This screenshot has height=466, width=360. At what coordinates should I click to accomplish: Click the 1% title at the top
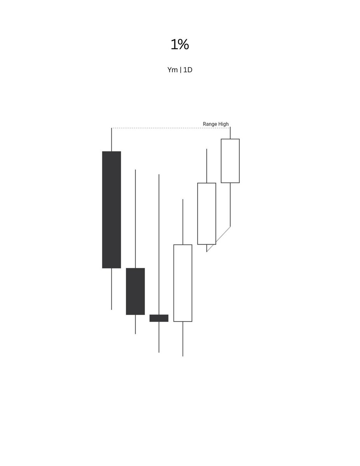(180, 44)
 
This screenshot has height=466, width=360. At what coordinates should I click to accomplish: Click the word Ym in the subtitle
(172, 70)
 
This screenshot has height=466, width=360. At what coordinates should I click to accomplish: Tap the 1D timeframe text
(188, 70)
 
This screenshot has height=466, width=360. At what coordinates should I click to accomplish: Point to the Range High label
(216, 124)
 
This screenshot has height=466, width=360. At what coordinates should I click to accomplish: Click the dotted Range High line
(170, 128)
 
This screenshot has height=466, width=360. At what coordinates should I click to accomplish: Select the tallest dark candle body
(111, 210)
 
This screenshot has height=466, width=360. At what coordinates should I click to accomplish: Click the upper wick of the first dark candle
(111, 140)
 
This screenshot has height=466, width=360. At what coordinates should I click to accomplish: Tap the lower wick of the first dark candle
(111, 289)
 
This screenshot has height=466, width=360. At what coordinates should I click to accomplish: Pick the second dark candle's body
(135, 291)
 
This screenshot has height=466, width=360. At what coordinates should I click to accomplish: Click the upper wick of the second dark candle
(135, 219)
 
